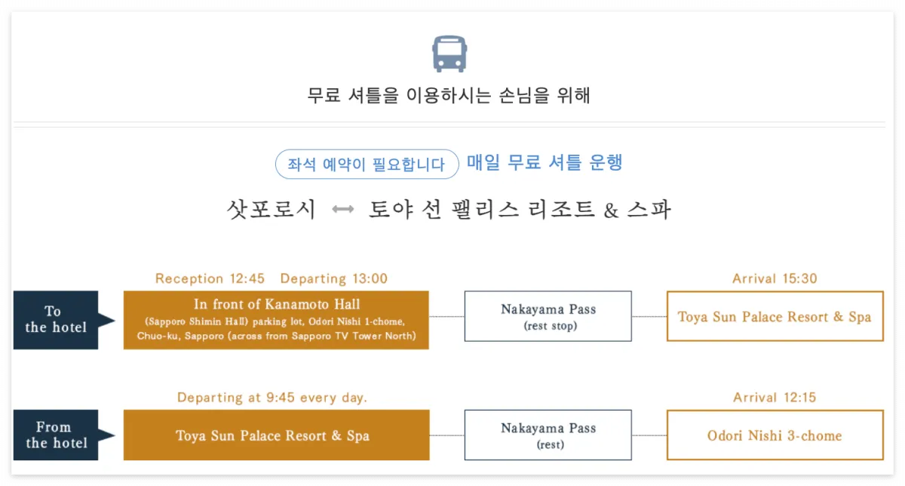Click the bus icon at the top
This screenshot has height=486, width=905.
coord(449,54)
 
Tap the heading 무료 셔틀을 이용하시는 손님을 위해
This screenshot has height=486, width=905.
coord(449,96)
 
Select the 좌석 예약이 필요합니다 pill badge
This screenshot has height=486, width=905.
coord(367,164)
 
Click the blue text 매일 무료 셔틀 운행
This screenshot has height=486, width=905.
coord(545,162)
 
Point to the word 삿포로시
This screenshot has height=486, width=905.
coord(271,209)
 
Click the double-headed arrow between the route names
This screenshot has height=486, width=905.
coord(343,210)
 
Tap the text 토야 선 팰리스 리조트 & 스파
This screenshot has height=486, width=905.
coord(520,209)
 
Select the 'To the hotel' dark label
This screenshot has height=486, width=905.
coord(56,320)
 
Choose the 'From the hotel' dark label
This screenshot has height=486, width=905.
coord(56,435)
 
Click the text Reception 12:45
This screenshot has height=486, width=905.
coord(210,278)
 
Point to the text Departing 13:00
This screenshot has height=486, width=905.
coord(333,278)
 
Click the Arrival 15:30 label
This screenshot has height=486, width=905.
coord(775,278)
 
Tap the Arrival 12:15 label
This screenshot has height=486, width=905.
coord(775,397)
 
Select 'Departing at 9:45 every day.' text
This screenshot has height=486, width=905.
coord(272,397)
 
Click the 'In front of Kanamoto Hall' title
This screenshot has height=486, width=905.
coord(277,305)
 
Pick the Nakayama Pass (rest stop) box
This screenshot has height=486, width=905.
coord(548,316)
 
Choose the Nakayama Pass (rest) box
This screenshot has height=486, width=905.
coord(548,435)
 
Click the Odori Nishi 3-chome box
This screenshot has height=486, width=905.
coord(775,435)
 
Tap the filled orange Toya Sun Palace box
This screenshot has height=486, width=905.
coord(276,435)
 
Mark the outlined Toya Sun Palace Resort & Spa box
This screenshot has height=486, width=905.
coord(775,316)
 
